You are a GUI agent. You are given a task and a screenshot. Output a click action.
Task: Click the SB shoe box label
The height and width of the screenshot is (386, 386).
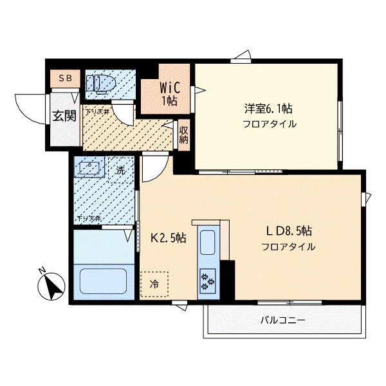pyautogui.click(x=66, y=78)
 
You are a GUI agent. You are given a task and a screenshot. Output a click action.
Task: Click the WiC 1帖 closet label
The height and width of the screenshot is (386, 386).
pyautogui.click(x=166, y=93)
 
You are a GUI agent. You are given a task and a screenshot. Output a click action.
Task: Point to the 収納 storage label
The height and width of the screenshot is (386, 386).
pyautogui.click(x=183, y=134)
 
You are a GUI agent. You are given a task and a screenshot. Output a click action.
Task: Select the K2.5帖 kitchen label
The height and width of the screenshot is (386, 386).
pyautogui.click(x=169, y=237)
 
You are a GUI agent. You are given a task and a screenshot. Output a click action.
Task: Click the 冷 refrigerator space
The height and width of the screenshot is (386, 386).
pyautogui.click(x=154, y=283)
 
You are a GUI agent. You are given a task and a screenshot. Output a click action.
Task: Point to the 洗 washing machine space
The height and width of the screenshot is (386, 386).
pyautogui.click(x=120, y=172)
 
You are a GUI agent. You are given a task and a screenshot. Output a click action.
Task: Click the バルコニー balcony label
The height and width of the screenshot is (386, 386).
pyautogui.click(x=282, y=320)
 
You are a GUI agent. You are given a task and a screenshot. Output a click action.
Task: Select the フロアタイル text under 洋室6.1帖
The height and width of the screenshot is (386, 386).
pyautogui.click(x=270, y=124)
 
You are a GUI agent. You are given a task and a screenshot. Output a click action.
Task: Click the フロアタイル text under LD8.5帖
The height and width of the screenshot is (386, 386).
pyautogui.click(x=288, y=246)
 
